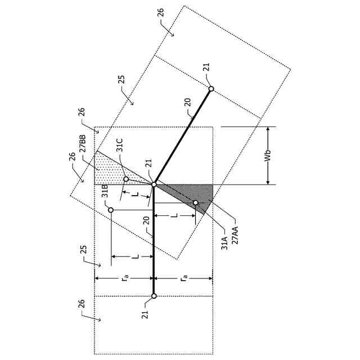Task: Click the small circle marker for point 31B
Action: coord(111,210)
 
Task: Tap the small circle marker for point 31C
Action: coord(126,179)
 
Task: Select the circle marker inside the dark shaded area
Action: coord(196,202)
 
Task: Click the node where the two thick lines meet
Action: coord(154,184)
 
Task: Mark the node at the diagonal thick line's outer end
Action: coord(211,88)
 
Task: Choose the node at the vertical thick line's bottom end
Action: coord(154,295)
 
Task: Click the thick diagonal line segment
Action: coord(183,136)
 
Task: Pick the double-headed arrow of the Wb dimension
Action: coord(268,156)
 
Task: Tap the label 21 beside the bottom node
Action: coord(145,313)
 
